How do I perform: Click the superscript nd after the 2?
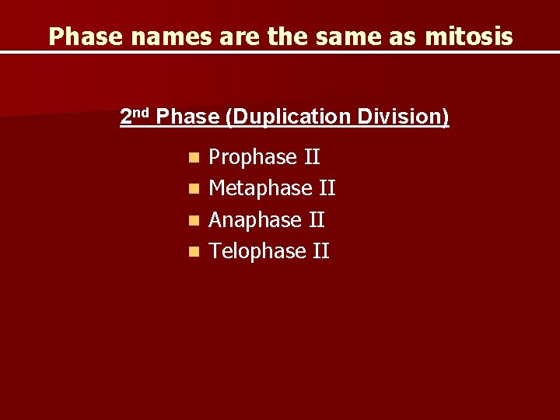pyautogui.click(x=142, y=113)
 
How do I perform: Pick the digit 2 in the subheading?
pyautogui.click(x=126, y=117)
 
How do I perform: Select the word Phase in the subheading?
pyautogui.click(x=187, y=117)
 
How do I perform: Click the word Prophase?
pyautogui.click(x=253, y=158)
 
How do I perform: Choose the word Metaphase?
pyautogui.click(x=261, y=188)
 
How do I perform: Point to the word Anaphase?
pyautogui.click(x=255, y=220)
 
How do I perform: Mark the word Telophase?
pyautogui.click(x=257, y=251)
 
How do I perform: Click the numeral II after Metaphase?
pyautogui.click(x=327, y=188)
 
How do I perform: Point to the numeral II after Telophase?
pyautogui.click(x=320, y=251)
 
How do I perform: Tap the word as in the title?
pyautogui.click(x=403, y=37)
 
